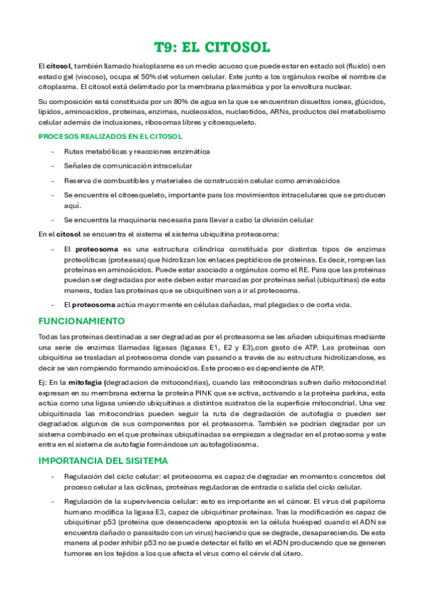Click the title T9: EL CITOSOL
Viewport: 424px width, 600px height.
[x=212, y=47]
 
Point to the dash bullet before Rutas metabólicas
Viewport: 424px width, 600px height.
[x=52, y=151]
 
